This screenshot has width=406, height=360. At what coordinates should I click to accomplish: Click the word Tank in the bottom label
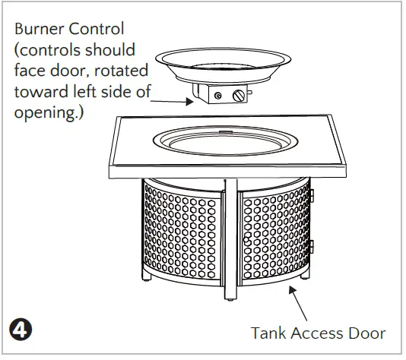[x=268, y=333]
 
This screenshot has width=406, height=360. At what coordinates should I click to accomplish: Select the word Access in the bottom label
[x=316, y=333]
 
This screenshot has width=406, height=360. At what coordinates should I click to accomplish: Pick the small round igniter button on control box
[x=217, y=96]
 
